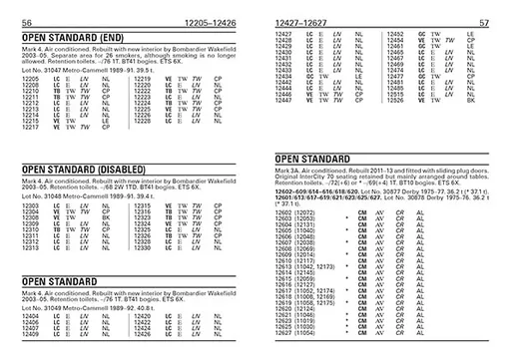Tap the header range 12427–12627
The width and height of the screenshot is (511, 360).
click(x=300, y=21)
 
